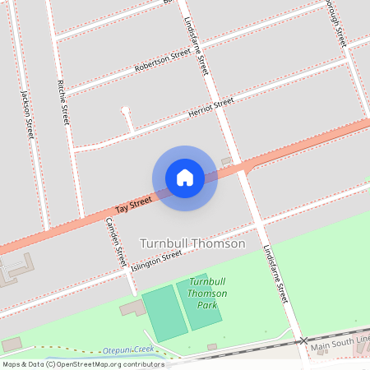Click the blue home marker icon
(184, 178)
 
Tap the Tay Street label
(133, 204)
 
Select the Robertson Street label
(163, 58)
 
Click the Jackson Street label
(27, 116)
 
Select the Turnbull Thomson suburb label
(192, 243)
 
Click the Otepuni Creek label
(128, 350)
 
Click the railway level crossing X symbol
(303, 340)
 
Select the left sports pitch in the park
(163, 313)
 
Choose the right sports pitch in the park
(199, 303)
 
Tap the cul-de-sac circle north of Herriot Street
(125, 109)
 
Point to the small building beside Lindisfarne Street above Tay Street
(227, 160)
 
